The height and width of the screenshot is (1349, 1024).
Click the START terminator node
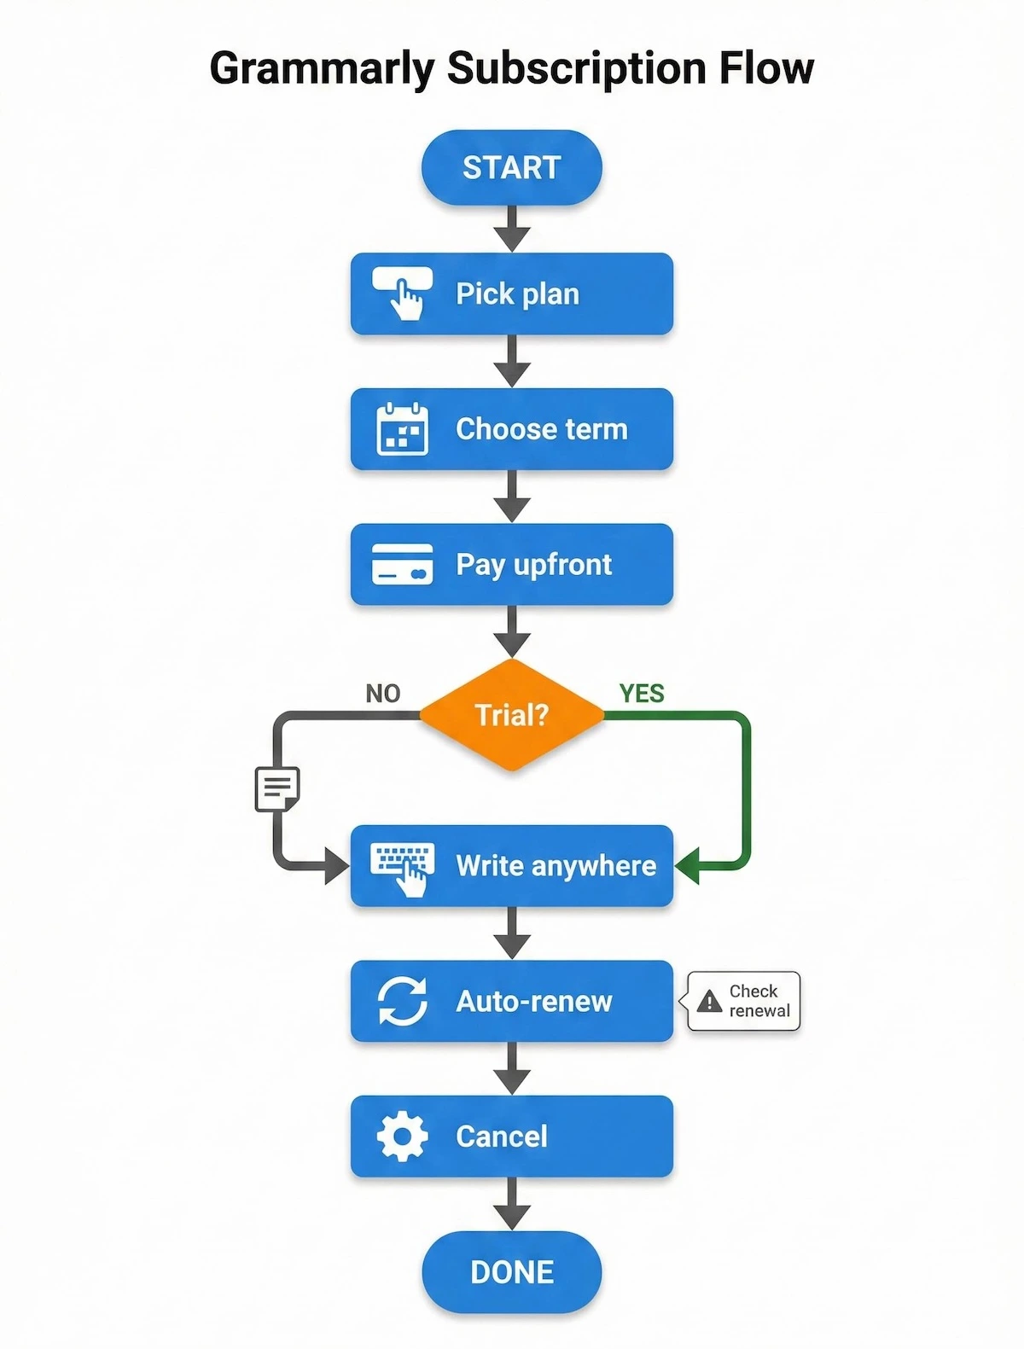click(511, 167)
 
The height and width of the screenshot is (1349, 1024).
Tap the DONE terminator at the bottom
click(511, 1272)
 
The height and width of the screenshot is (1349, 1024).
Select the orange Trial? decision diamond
click(511, 715)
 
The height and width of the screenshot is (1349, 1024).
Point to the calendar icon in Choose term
click(402, 428)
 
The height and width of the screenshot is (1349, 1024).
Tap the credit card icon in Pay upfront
click(402, 564)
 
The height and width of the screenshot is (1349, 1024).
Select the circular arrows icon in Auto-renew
click(402, 1001)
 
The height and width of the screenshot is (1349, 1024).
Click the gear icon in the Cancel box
click(402, 1137)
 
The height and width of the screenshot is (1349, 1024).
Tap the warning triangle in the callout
click(709, 1002)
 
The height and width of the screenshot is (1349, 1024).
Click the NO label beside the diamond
click(382, 694)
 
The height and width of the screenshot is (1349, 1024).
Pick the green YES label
click(642, 694)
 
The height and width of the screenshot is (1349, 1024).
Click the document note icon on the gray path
click(277, 788)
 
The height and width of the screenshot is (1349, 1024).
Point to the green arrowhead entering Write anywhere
click(688, 866)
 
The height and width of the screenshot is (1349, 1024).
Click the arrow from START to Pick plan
click(512, 229)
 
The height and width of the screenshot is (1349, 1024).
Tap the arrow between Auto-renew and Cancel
click(512, 1069)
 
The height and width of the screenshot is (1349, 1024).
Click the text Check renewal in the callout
click(759, 1001)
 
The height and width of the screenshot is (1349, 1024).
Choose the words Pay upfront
click(533, 564)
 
